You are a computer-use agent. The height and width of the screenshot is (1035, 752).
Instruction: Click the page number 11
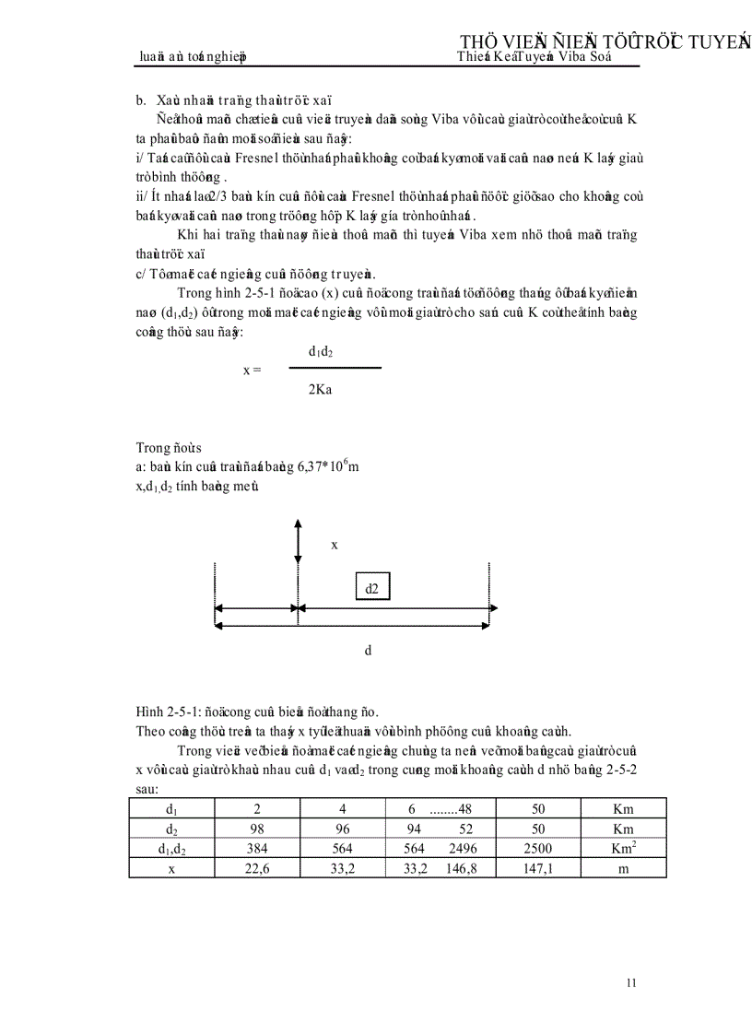click(x=631, y=983)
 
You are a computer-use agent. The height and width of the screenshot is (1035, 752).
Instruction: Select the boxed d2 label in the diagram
click(x=372, y=586)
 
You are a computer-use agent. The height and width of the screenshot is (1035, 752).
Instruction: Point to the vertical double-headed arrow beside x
click(x=298, y=542)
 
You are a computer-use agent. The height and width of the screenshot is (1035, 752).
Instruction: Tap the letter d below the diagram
click(x=368, y=651)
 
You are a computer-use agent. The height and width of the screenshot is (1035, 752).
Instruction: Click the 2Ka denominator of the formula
click(x=321, y=390)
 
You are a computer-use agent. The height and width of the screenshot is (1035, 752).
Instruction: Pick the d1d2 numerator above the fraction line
click(x=321, y=351)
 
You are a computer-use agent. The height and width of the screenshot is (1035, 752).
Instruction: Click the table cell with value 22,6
click(x=256, y=868)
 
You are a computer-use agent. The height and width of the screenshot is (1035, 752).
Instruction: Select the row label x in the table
click(x=171, y=868)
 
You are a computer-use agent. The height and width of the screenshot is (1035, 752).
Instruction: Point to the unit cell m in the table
click(x=623, y=868)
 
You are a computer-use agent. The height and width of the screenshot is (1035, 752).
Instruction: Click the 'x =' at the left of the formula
click(x=252, y=370)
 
